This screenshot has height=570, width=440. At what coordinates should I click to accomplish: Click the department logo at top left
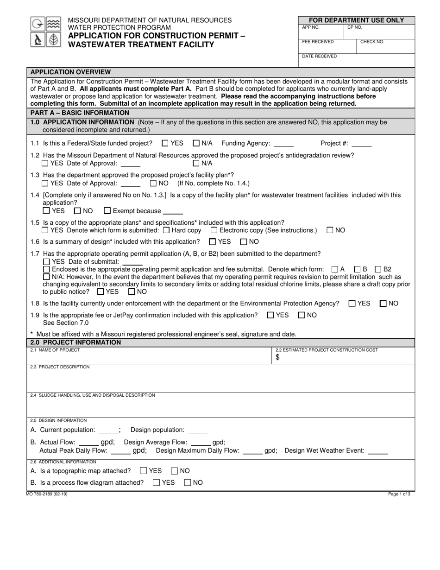46,32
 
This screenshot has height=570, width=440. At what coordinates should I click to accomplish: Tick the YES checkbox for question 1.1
165,144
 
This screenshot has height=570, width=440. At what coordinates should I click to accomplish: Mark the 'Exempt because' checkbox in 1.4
107,211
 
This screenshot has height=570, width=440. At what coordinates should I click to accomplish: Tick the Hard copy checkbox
166,230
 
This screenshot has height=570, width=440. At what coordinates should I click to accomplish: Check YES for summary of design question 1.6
212,241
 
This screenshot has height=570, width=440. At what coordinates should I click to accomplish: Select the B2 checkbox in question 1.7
378,269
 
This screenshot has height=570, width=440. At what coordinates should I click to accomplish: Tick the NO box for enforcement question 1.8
383,304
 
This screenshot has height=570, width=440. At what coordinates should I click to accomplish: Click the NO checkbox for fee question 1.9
302,315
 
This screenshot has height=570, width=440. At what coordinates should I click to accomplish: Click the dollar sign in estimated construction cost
277,357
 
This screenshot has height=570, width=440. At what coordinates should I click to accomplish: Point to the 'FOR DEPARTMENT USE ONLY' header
356,20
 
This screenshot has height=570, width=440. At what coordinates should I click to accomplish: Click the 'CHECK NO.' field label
372,42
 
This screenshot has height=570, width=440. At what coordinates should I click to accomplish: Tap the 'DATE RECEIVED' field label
320,56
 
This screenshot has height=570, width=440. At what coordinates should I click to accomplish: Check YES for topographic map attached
143,471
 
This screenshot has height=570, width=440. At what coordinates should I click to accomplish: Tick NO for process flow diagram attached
188,483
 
